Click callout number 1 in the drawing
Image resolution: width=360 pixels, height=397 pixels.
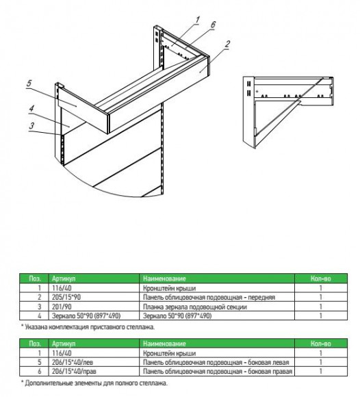[x=197, y=20]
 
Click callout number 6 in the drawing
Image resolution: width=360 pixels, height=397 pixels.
[x=213, y=25]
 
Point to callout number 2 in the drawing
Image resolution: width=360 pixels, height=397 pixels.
[x=227, y=44]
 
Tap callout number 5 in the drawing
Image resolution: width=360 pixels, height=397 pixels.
[x=29, y=84]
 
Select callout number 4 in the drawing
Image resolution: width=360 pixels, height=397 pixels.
[x=31, y=109]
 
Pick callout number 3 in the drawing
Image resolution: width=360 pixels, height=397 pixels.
[x=31, y=126]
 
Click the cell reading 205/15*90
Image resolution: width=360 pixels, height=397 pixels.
[x=66, y=297]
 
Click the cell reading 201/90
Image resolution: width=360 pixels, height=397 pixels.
[x=62, y=307]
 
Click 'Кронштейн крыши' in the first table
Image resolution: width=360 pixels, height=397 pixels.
[x=169, y=288]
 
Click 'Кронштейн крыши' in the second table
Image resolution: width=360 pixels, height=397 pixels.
[x=169, y=353]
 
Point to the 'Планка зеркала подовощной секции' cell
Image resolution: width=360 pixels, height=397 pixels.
[x=195, y=307]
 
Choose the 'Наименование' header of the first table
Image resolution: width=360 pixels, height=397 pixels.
[x=164, y=279]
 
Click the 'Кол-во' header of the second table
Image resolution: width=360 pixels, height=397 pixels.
[x=321, y=344]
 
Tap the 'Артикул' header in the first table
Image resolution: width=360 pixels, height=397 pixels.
[x=64, y=279]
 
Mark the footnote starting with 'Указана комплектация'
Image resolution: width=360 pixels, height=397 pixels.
[x=88, y=327]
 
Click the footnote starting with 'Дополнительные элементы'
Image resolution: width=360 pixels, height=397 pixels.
[x=94, y=383]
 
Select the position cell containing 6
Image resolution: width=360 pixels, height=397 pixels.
[x=39, y=372]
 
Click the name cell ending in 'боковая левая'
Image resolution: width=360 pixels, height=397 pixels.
[x=216, y=362]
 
